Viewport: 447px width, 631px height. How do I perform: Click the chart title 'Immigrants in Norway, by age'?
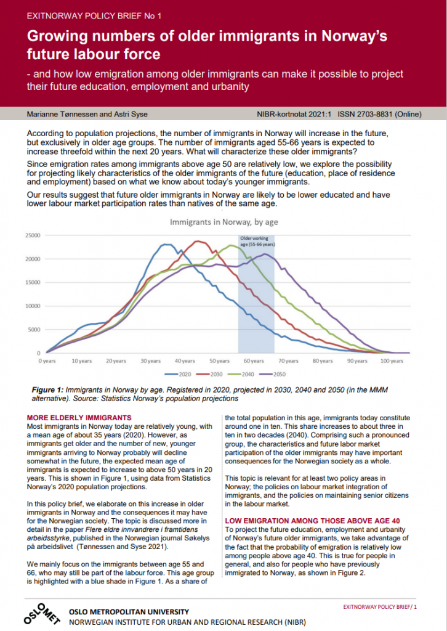click(x=223, y=222)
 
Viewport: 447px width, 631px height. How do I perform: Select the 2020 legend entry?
click(x=178, y=374)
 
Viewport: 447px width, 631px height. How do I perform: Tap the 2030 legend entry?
click(x=209, y=374)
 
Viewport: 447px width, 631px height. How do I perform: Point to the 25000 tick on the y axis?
click(x=33, y=235)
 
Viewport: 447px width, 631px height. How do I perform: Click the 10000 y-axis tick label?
click(x=33, y=306)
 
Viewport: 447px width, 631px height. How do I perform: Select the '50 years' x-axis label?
click(x=219, y=361)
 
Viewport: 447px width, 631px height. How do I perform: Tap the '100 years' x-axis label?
click(x=392, y=361)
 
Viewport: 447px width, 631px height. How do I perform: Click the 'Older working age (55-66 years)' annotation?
click(x=257, y=242)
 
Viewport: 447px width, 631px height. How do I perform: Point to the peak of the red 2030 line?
click(x=197, y=241)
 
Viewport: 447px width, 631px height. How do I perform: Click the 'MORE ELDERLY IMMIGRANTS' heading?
click(x=79, y=418)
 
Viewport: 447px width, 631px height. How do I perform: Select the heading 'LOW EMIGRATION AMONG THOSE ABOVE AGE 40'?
click(x=312, y=521)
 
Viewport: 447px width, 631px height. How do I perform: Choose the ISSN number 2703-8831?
click(x=365, y=114)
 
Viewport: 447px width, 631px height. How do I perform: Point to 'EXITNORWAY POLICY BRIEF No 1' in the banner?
click(x=94, y=16)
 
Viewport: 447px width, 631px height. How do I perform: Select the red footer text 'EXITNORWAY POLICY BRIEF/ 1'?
click(x=380, y=607)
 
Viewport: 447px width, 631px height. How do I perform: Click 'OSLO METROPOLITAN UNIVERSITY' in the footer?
click(x=129, y=612)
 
